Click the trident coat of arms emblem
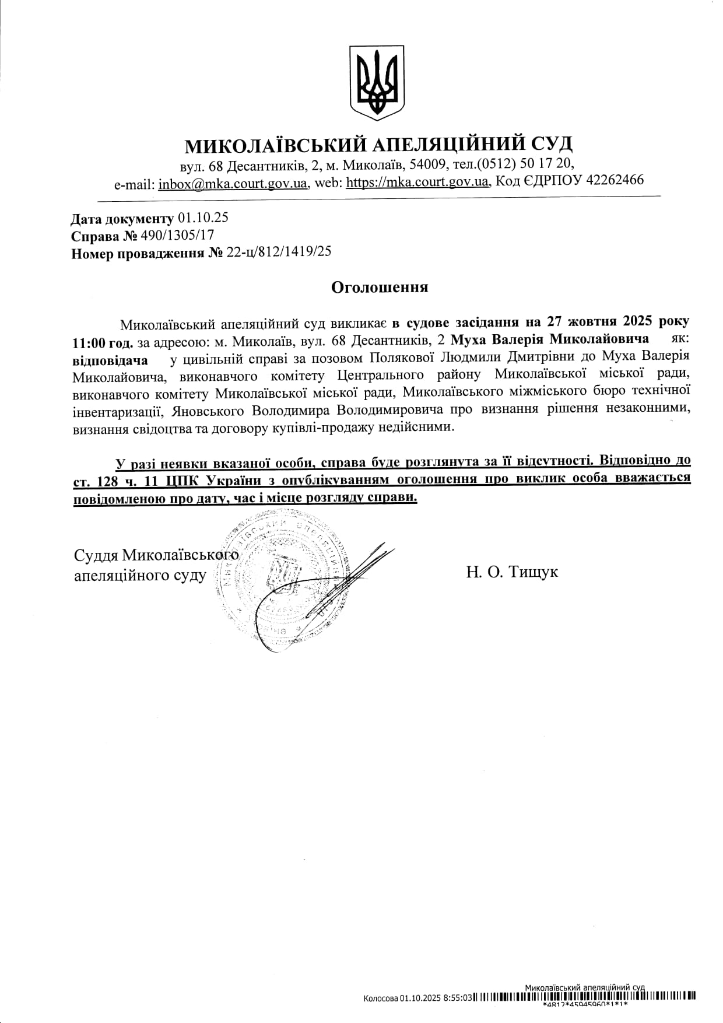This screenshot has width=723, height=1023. pyautogui.click(x=377, y=83)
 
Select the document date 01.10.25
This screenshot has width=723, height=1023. pyautogui.click(x=203, y=218)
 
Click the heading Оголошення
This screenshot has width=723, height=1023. pyautogui.click(x=380, y=287)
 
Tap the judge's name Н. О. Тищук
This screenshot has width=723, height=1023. pyautogui.click(x=511, y=572)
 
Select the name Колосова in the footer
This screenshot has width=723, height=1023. pyautogui.click(x=380, y=998)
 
